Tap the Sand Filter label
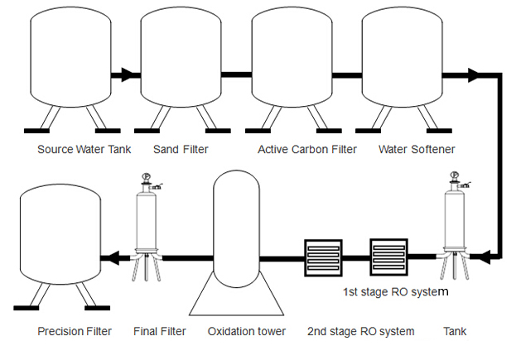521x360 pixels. (x=181, y=150)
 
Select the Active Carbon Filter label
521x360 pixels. (x=307, y=150)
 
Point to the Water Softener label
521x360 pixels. (x=416, y=150)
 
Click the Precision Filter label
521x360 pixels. (x=75, y=332)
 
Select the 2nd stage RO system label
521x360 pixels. (x=360, y=332)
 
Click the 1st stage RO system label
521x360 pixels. (x=395, y=292)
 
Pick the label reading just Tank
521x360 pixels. (x=454, y=332)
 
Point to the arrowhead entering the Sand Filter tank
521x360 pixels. (x=130, y=75)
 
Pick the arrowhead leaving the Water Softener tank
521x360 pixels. (x=473, y=75)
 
